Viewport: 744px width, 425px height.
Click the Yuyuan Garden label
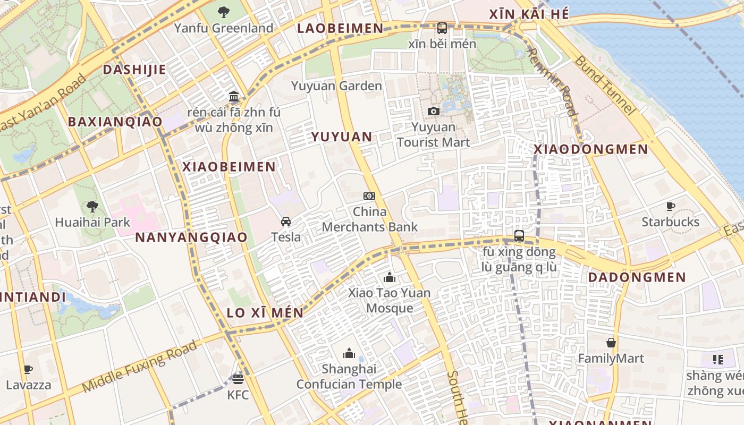point(336,86)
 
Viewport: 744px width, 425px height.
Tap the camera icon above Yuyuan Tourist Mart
point(434,111)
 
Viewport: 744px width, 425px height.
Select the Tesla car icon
point(286,221)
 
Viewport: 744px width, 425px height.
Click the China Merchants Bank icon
point(369,196)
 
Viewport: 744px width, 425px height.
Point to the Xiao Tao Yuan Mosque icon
point(390,277)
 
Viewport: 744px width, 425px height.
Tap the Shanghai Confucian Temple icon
point(349,353)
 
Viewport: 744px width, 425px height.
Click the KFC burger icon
point(238,379)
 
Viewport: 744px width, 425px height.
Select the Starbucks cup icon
point(671,206)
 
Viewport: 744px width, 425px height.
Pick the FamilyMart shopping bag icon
point(611,343)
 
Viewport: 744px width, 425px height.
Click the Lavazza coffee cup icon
point(28,369)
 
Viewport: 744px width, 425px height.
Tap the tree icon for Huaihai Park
point(92,206)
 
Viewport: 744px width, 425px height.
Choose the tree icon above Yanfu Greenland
point(224,12)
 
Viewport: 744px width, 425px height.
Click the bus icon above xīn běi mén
point(442,28)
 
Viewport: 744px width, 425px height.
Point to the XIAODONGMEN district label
point(591,149)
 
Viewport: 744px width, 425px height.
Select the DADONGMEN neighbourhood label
point(637,277)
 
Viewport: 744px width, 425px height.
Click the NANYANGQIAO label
point(191,237)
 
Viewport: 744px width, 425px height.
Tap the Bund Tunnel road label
point(605,85)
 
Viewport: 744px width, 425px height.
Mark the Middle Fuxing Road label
point(140,367)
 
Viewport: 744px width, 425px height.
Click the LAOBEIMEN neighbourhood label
point(340,28)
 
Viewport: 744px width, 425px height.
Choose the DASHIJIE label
point(134,70)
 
